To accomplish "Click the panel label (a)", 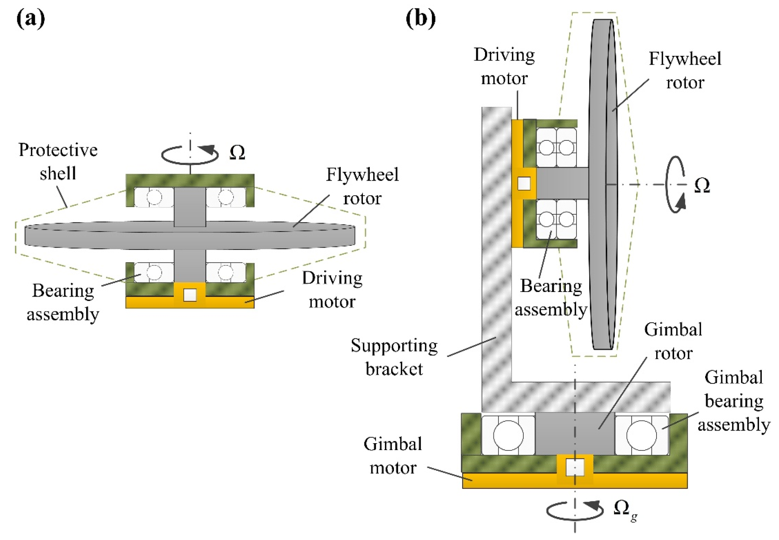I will tap(31, 18).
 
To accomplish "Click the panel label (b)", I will tap(420, 18).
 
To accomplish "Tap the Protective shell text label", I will tap(58, 162).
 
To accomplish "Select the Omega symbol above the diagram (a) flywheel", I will tap(237, 153).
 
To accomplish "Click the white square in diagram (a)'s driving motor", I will tap(190, 295).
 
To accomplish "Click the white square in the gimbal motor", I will tap(575, 467).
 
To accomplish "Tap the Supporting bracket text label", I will tap(394, 357).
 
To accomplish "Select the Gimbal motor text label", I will tap(393, 456).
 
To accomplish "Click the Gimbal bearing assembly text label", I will tap(733, 401).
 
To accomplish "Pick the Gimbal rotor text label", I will tap(673, 341).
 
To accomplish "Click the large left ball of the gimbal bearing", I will tap(508, 435).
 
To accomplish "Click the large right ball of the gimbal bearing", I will tap(642, 435).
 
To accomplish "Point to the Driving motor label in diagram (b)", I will tap(504, 67).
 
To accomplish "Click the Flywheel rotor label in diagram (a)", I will tap(362, 186).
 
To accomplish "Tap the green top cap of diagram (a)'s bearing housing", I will tap(190, 180).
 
